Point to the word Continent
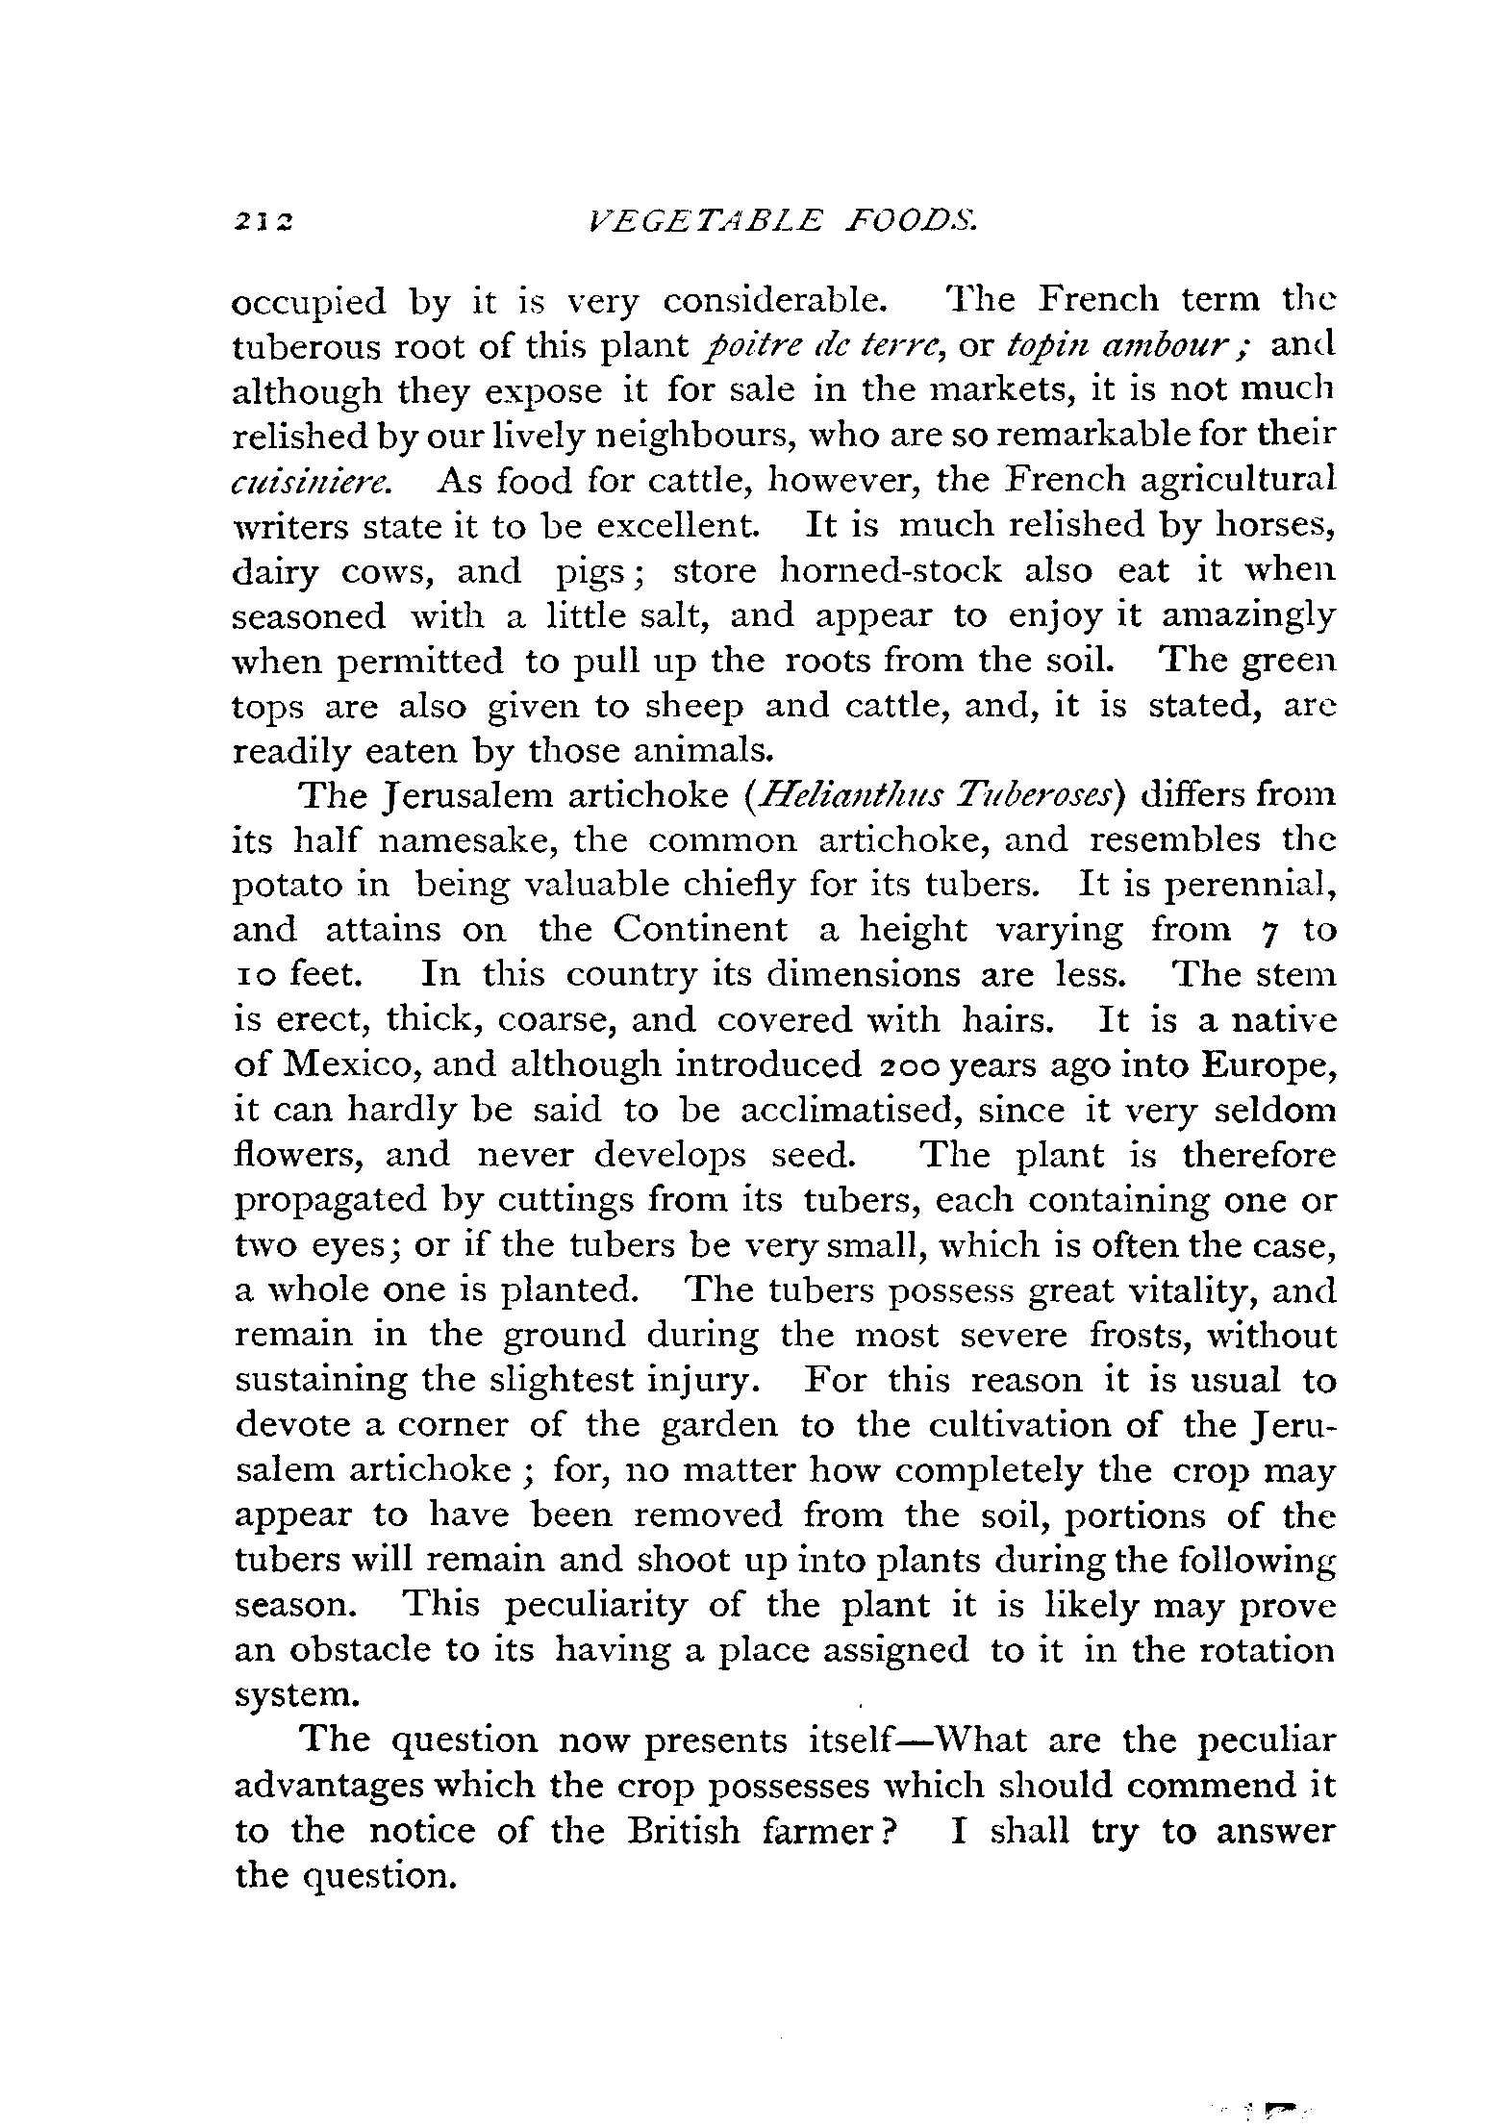click(700, 930)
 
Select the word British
click(684, 1830)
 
